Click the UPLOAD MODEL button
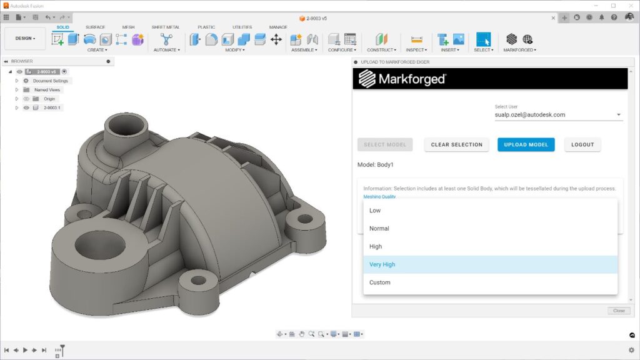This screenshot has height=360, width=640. [x=526, y=144]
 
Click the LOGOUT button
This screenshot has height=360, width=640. [x=582, y=144]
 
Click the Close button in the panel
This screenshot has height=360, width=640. [x=618, y=311]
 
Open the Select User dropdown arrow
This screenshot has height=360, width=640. [x=619, y=115]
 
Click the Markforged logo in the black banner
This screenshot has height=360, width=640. [x=402, y=79]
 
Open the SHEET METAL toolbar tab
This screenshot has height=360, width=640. [x=165, y=27]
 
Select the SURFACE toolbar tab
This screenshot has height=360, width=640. [x=95, y=27]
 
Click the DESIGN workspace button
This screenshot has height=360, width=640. [x=25, y=39]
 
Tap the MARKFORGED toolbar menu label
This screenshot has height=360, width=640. [x=519, y=50]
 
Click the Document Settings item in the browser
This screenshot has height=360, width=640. [x=50, y=81]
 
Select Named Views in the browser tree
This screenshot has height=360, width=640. [x=47, y=90]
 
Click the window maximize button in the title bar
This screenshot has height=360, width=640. [x=613, y=6]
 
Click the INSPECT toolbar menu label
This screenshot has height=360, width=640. [x=416, y=50]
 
